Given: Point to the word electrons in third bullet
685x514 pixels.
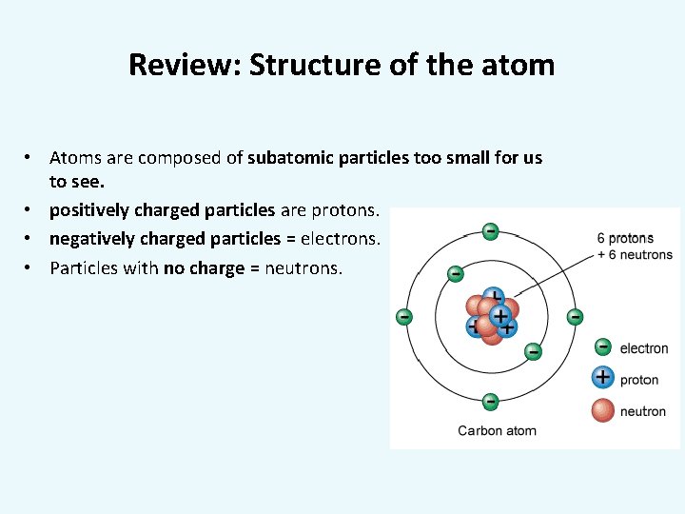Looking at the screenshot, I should click(x=340, y=239).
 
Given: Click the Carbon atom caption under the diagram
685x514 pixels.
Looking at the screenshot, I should click(x=497, y=430).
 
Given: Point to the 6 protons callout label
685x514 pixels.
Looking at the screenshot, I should click(x=625, y=238).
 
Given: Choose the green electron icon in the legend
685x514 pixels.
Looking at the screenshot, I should click(x=602, y=347).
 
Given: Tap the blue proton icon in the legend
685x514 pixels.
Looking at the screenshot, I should click(x=602, y=378).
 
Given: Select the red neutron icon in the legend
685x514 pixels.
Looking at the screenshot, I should click(x=602, y=410).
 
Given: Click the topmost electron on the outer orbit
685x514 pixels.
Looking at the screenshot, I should click(x=490, y=230).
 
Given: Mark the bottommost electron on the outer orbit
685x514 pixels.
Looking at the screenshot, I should click(x=490, y=401).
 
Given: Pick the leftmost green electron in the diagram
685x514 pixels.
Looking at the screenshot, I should click(x=404, y=316).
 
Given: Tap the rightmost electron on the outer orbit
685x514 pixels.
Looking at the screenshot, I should click(x=575, y=316).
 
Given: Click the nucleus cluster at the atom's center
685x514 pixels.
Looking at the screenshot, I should click(x=490, y=317).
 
